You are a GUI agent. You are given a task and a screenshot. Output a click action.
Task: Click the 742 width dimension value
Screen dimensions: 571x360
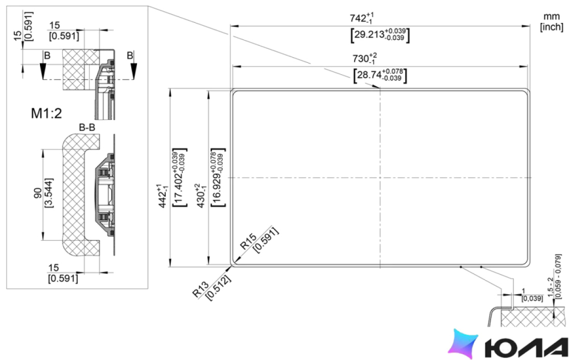click(x=362, y=18)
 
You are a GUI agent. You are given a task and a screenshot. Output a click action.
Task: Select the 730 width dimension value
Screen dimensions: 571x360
click(x=364, y=58)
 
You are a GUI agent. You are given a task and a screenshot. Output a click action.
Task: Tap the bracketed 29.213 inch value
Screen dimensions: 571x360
click(x=380, y=35)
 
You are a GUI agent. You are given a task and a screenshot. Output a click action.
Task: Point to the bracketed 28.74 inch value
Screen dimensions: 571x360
click(x=380, y=75)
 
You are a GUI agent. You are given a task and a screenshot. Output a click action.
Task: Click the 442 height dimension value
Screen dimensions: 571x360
click(x=163, y=196)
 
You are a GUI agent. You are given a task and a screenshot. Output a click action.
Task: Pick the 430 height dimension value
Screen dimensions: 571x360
click(x=201, y=196)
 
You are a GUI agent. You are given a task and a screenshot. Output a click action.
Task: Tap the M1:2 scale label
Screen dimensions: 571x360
click(x=46, y=113)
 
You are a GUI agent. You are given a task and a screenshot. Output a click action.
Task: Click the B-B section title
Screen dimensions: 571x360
click(x=87, y=127)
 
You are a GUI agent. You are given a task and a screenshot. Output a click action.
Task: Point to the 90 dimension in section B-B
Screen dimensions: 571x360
click(x=38, y=194)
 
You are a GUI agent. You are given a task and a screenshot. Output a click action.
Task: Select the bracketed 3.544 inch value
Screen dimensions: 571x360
click(x=48, y=193)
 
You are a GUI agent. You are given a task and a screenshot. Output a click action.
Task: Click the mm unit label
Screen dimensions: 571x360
click(x=551, y=17)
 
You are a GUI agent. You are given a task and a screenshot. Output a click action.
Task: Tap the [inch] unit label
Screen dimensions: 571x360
click(x=552, y=27)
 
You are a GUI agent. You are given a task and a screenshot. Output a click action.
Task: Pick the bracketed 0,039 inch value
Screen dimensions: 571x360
click(x=532, y=299)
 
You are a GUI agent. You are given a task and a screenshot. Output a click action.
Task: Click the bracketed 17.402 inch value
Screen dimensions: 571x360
click(x=179, y=178)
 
